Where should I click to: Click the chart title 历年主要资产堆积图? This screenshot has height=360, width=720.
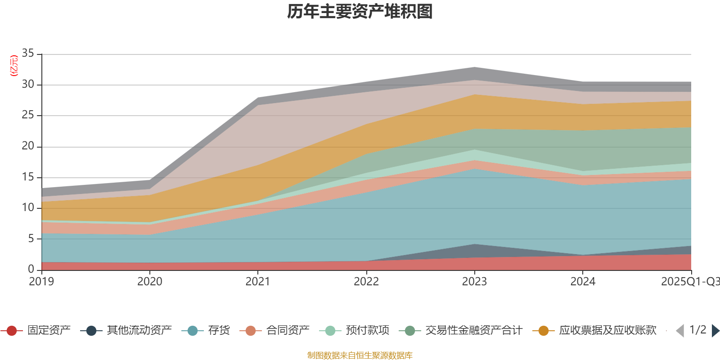[x=360, y=12]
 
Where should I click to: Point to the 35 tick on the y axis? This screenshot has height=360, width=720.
[x=28, y=54]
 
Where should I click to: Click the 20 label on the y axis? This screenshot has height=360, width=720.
[x=28, y=146]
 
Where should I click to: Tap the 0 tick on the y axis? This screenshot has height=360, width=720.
[x=31, y=269]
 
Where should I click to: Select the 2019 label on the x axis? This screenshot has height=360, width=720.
[x=41, y=282]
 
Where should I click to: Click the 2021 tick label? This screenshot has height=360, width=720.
[x=258, y=282]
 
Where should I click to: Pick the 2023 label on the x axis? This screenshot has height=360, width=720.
[x=474, y=282]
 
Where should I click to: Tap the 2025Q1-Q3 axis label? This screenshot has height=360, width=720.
[x=690, y=282]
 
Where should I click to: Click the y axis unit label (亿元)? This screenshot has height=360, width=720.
[x=14, y=66]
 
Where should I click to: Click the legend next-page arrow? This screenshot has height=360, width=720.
[x=715, y=331]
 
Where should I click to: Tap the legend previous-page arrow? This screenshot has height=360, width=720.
[x=680, y=331]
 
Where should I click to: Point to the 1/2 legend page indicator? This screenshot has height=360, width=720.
[x=697, y=330]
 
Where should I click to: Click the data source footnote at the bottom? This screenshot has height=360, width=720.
[x=360, y=355]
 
